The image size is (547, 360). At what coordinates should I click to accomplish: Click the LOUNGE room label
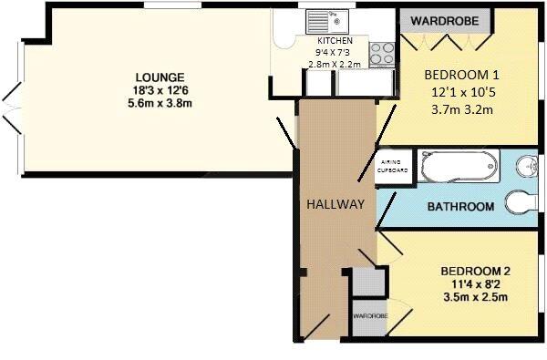pos(160,77)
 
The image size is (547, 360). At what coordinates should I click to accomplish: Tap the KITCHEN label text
pos(335,42)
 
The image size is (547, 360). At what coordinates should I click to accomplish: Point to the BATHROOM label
pos(460,207)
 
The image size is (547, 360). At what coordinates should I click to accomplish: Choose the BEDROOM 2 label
pos(474,271)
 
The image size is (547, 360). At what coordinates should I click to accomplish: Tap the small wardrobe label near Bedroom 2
pos(369,315)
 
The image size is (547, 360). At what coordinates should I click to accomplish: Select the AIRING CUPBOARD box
pos(393,170)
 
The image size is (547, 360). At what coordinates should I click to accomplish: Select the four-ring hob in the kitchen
pos(382,51)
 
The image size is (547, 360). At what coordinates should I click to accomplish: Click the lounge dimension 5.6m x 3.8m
pos(160,103)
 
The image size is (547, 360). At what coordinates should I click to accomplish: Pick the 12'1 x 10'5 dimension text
pos(461,93)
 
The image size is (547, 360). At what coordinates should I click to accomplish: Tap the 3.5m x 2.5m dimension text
pos(474,297)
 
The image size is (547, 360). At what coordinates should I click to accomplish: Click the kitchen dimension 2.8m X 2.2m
pos(334,65)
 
